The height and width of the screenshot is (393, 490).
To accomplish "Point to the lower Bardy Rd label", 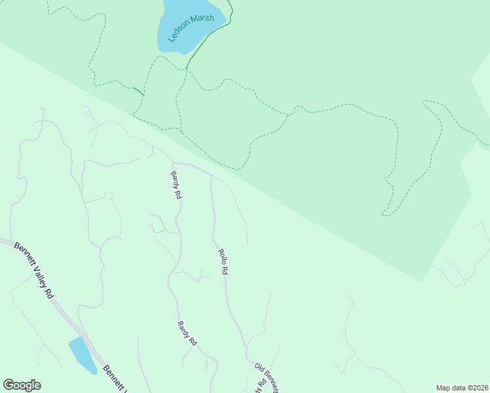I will click(187, 333).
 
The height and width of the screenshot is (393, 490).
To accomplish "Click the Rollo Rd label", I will click(223, 261).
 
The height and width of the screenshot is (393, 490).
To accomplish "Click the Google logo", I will click(22, 385).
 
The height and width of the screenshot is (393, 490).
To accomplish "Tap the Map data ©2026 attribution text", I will click(462, 388).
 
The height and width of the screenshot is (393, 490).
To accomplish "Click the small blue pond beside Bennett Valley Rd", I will click(81, 353).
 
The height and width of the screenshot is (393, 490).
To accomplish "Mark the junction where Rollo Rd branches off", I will click(210, 176).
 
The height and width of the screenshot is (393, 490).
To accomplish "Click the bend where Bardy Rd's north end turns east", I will click(172, 162).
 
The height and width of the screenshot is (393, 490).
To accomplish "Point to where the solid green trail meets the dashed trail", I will click(187, 68).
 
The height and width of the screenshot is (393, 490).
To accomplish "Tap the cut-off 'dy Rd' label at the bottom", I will click(261, 384).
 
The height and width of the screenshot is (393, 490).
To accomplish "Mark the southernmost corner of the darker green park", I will click(421, 281).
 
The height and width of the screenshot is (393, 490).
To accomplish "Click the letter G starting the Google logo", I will click(8, 385).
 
